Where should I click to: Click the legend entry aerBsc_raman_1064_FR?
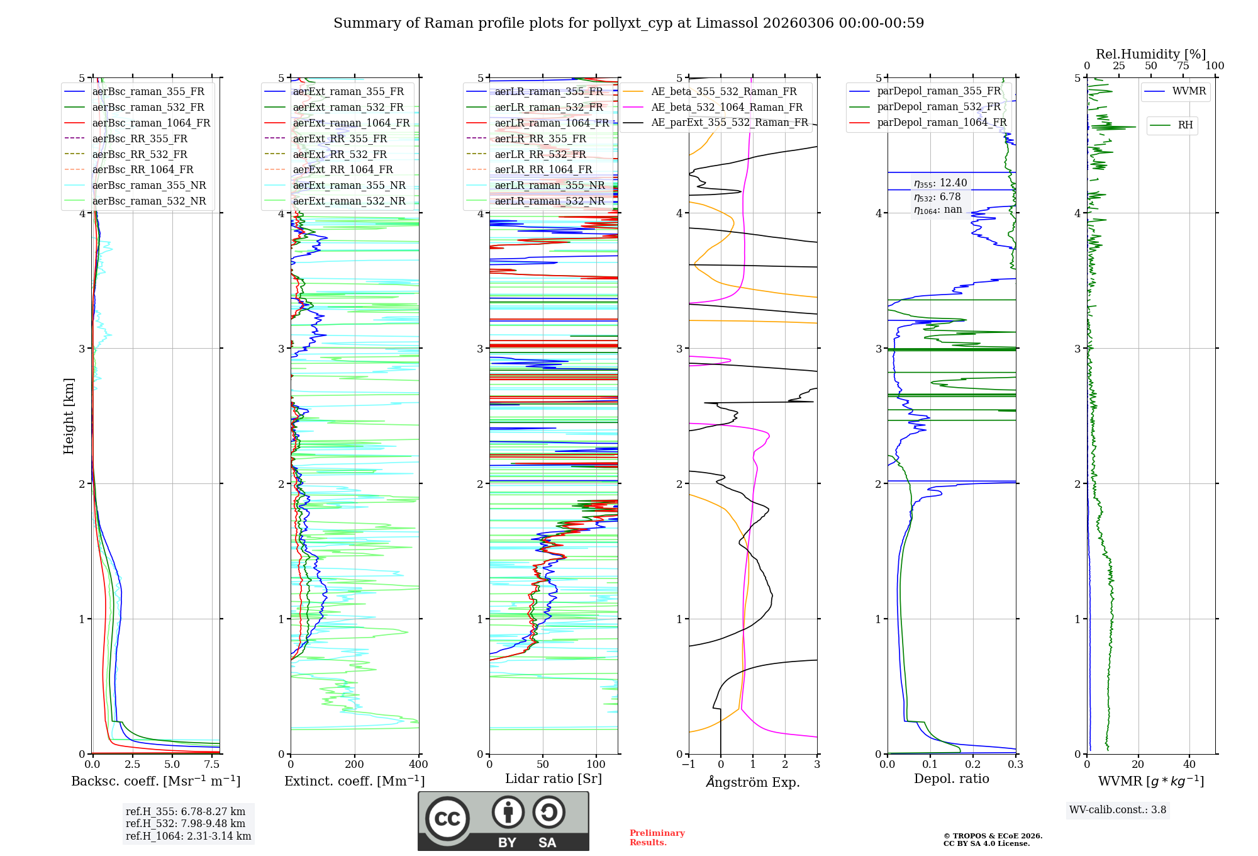[151, 123]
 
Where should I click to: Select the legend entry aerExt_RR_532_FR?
[340, 154]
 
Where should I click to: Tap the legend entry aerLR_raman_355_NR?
[549, 185]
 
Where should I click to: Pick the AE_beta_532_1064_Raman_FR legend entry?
[726, 107]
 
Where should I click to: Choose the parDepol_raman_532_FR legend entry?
[938, 106]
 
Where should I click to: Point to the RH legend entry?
[1185, 125]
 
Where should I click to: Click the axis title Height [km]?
[69, 416]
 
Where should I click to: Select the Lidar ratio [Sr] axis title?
[554, 779]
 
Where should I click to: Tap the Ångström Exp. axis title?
[753, 782]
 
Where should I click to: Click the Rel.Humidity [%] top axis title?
[1150, 54]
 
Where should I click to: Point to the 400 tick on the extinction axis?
[419, 765]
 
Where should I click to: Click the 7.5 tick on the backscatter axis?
[212, 765]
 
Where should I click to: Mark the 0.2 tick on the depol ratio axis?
[973, 765]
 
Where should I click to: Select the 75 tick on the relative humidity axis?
[1183, 66]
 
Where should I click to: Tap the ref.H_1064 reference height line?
[188, 836]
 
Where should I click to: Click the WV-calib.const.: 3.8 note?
[1118, 810]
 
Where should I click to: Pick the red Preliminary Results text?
[657, 838]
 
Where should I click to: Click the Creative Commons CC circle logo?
[447, 819]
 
